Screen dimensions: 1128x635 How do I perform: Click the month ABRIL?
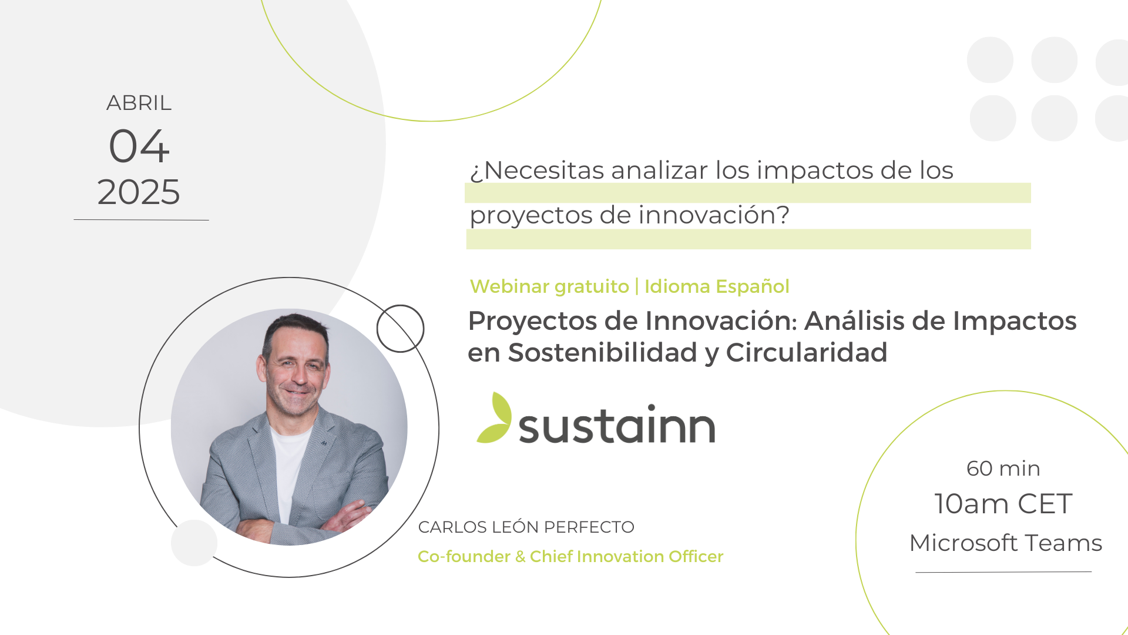coord(139,103)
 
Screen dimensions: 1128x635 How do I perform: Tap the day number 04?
coord(139,146)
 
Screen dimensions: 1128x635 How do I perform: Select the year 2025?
coord(139,192)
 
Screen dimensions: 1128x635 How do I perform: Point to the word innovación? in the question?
coord(714,215)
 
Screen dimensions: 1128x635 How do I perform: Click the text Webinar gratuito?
coord(549,286)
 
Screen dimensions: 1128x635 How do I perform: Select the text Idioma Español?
coord(717,286)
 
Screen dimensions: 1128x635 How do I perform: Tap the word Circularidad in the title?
coord(807,353)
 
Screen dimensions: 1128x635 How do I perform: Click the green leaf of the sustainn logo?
coord(494,417)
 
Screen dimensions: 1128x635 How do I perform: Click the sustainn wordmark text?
coord(617,424)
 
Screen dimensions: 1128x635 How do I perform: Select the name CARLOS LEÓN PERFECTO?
coord(526,527)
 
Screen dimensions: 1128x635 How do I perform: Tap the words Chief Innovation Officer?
coord(626,556)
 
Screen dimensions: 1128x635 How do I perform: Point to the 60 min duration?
coord(1003,469)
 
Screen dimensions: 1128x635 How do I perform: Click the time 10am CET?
coord(1003,504)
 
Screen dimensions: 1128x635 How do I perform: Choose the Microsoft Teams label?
coord(1006,543)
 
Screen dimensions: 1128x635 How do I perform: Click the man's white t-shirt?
coord(289,470)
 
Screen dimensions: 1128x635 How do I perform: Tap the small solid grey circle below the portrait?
coord(194,543)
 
